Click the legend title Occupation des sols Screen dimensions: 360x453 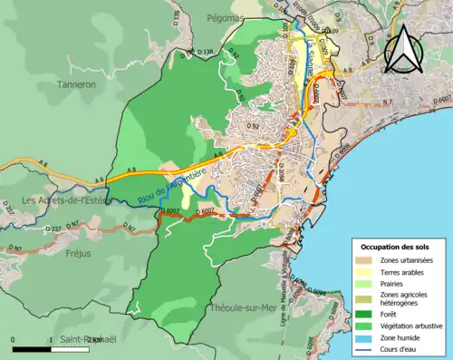click(396, 247)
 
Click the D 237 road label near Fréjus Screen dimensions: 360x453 click(52, 229)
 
